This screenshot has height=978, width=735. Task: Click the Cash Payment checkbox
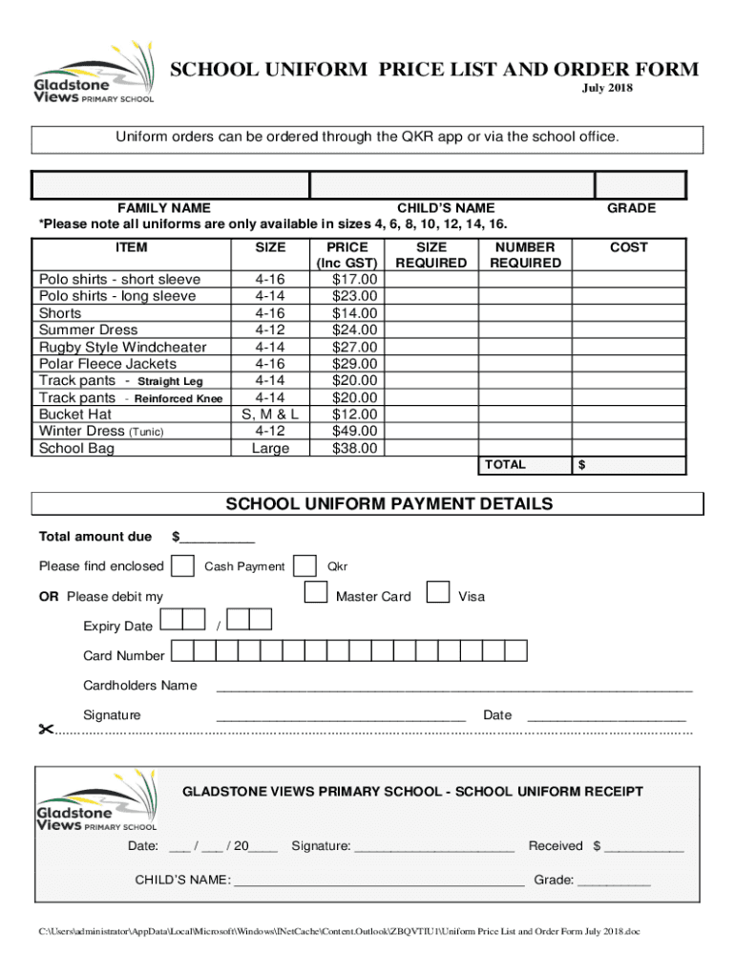point(184,565)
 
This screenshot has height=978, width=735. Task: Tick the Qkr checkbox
point(305,565)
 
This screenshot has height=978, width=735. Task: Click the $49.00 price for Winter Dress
point(354,432)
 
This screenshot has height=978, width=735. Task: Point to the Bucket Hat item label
point(75,415)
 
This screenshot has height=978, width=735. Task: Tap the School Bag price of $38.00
point(354,448)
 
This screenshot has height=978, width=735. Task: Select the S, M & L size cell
point(270,415)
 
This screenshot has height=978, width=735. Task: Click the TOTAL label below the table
point(505,464)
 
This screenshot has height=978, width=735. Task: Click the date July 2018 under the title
point(608,89)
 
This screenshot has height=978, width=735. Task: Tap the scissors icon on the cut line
point(44,731)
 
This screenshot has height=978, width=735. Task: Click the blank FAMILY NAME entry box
point(171,184)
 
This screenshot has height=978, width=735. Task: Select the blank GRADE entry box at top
point(640,184)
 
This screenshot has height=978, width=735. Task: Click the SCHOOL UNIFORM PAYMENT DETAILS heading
point(388,503)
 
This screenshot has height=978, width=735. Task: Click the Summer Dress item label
point(88,330)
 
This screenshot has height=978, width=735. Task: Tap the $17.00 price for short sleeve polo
point(354,280)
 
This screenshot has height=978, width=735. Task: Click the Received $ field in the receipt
point(643,846)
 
